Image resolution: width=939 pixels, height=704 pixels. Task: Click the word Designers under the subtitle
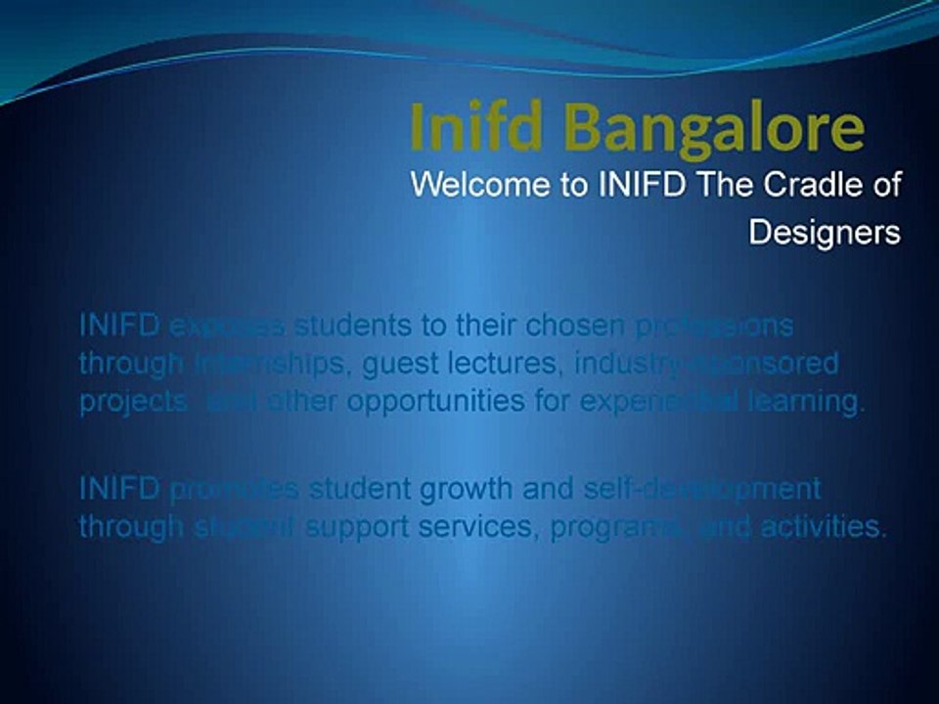pos(825,233)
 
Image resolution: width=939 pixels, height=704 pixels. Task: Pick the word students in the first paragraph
pos(351,325)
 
